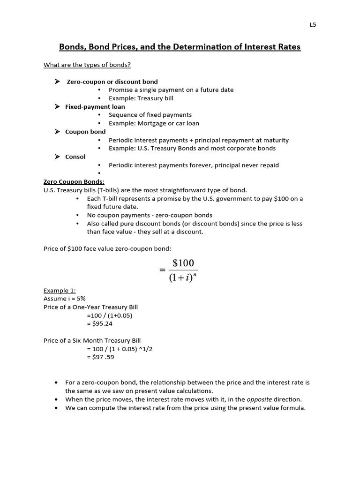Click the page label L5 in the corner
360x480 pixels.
313,25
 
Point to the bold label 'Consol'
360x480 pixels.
75,157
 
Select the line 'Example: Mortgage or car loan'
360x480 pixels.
154,123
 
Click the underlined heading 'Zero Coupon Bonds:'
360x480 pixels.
74,182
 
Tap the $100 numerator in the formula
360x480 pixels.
183,263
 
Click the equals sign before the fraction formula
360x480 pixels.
162,270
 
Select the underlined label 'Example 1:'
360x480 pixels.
60,291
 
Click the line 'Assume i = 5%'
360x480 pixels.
65,299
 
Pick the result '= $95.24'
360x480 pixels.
100,323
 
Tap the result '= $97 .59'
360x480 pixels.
100,357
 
